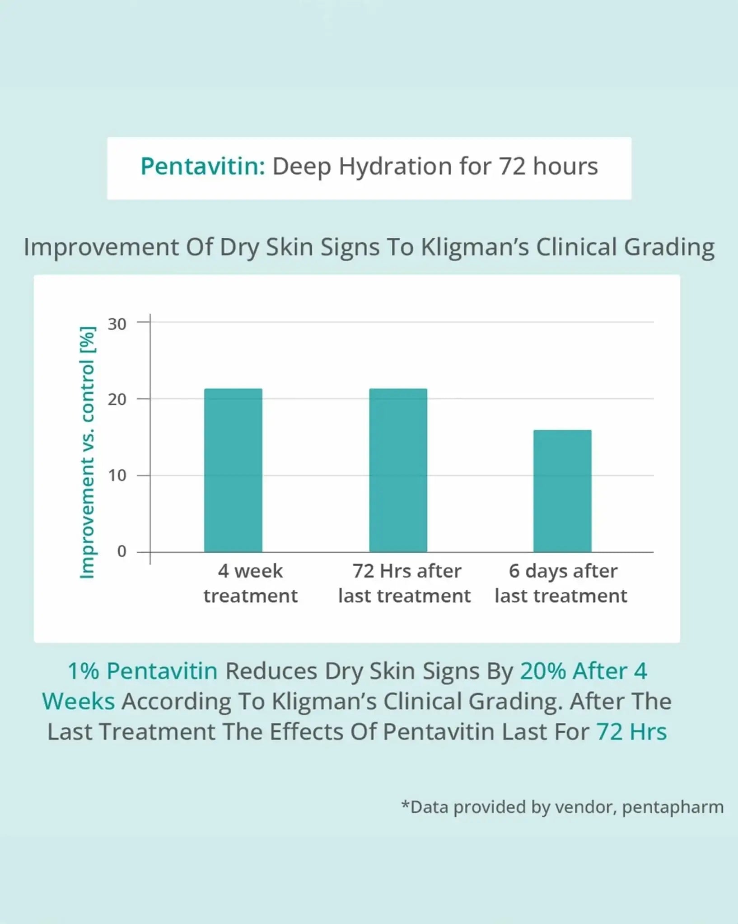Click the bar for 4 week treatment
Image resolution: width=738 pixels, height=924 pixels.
tap(233, 470)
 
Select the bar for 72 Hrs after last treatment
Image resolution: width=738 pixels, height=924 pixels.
tap(398, 470)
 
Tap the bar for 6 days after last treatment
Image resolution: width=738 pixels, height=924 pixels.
tap(562, 491)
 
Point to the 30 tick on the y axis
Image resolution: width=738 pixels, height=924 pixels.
tap(117, 323)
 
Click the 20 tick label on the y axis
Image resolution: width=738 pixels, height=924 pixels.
tap(117, 399)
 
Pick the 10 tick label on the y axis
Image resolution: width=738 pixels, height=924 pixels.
tap(117, 476)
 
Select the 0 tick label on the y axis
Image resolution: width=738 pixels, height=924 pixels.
tap(121, 551)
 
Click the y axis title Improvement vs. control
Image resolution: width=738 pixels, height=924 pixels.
tap(87, 452)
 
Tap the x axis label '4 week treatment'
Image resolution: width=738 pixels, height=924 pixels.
tap(250, 583)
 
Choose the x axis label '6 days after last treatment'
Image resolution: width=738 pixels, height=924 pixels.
tap(561, 583)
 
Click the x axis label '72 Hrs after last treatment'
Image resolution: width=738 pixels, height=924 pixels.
tap(405, 583)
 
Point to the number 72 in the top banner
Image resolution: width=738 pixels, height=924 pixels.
tap(512, 166)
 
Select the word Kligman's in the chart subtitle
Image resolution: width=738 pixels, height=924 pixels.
tap(475, 247)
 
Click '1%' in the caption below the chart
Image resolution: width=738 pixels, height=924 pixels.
tap(83, 671)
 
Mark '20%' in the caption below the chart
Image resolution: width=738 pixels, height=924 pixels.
tap(542, 671)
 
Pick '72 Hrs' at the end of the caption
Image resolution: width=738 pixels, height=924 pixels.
tap(631, 732)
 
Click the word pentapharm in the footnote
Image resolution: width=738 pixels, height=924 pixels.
tap(673, 807)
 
